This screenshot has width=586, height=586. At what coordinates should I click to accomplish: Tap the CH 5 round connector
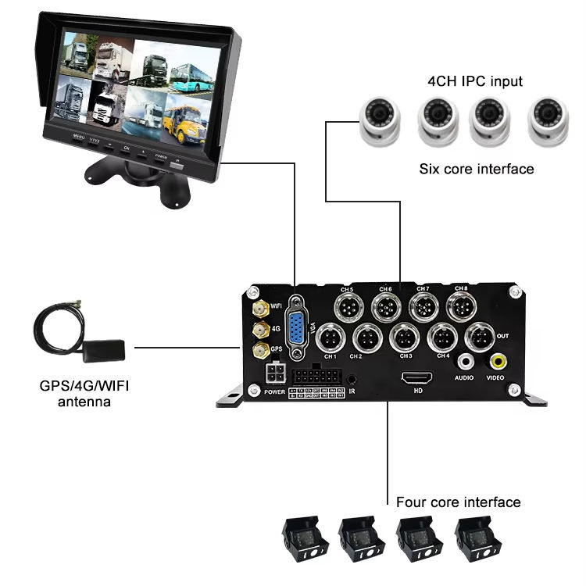coord(346,305)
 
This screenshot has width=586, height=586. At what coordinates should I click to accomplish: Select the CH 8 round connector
coord(461,305)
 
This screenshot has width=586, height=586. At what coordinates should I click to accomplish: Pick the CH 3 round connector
coord(404,338)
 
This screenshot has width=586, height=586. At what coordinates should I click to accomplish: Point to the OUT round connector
coord(478,338)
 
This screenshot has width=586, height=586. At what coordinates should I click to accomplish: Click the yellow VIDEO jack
coord(497,362)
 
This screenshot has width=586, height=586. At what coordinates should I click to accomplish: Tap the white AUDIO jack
coord(466,362)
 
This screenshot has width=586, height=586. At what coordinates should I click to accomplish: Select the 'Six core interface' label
coord(477,169)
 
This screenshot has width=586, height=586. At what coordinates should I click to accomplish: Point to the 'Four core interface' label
coord(458,502)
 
